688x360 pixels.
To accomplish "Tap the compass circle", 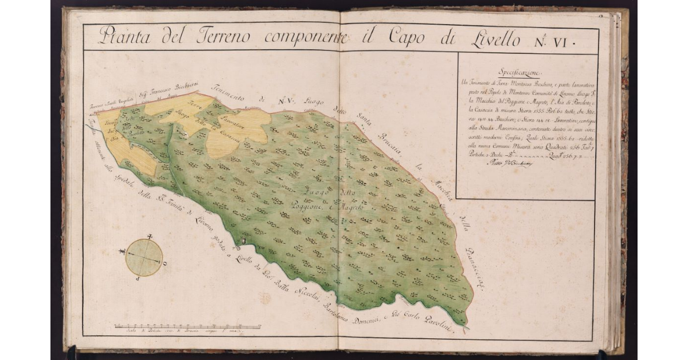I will (143, 257).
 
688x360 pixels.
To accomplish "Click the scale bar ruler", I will (187, 326).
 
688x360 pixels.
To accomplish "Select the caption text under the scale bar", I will (172, 332).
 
